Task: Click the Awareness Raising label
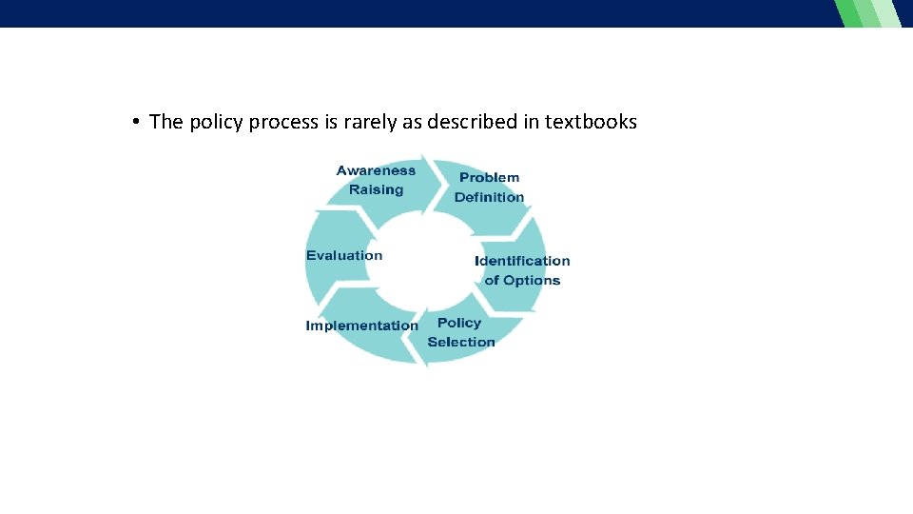point(376,180)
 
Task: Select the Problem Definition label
point(489,188)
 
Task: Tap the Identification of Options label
point(522,270)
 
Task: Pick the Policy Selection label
point(461,332)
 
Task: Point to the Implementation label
point(361,326)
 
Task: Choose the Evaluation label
point(344,255)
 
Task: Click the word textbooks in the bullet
point(591,122)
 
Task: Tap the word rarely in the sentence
point(369,122)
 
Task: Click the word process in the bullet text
point(283,122)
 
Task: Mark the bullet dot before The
point(137,122)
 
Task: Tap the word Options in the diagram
point(532,280)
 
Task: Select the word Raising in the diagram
point(376,189)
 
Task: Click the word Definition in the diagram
point(489,197)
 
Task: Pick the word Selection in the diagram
point(461,342)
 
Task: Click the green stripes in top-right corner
point(867,13)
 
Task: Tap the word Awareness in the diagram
point(376,170)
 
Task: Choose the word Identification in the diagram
point(522,261)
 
